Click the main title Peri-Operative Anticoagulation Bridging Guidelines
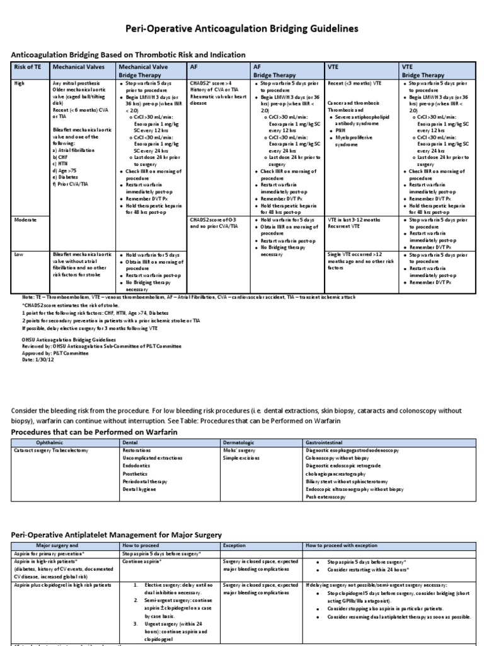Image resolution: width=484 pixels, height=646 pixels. pos(242,28)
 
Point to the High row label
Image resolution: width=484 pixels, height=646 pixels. pos(20,83)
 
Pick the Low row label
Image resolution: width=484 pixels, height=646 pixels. pos(19,254)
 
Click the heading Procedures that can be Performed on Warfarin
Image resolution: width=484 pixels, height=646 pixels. pos(95,432)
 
